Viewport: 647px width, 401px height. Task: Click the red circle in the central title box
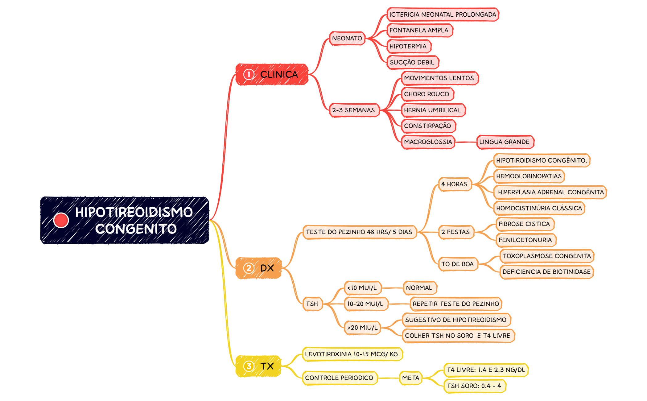pos(61,220)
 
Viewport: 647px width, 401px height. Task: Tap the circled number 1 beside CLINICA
pos(249,74)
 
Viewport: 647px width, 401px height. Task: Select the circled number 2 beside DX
pos(249,268)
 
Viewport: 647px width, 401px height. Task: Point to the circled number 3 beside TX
pos(249,366)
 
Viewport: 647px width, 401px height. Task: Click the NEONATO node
pos(347,38)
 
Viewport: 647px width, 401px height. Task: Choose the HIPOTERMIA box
pos(408,46)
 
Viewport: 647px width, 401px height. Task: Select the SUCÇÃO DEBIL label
pos(412,62)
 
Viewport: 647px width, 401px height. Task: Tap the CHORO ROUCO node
pos(427,94)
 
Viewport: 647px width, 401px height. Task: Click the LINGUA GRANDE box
pos(505,142)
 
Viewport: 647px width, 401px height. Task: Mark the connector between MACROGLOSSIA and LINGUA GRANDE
pos(466,142)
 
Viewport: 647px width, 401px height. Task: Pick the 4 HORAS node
pos(455,184)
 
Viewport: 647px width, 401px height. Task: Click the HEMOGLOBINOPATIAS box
pos(529,176)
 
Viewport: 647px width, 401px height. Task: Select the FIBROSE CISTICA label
pos(525,224)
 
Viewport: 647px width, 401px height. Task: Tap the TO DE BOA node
pos(458,264)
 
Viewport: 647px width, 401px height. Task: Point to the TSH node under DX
pos(312,304)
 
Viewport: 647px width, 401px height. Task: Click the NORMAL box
pos(419,288)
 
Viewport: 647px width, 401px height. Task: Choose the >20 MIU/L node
pos(362,328)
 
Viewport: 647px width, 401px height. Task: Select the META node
pos(411,378)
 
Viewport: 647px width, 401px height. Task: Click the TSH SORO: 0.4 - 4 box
pos(474,386)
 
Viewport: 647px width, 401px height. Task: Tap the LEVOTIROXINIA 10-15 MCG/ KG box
pos(352,354)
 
